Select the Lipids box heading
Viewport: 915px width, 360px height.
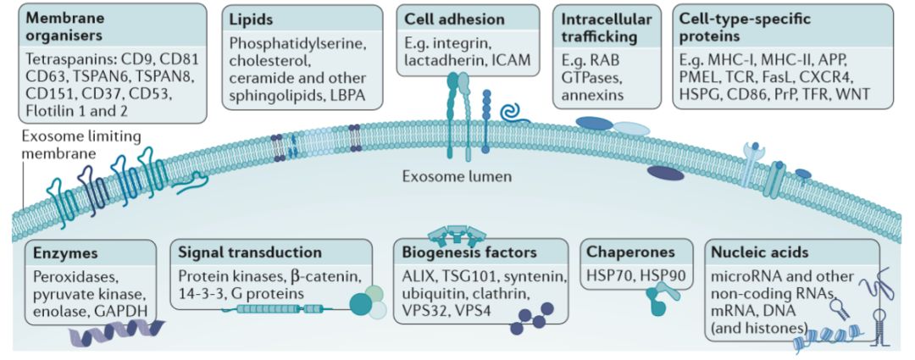point(252,19)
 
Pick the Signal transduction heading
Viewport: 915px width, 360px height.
point(250,252)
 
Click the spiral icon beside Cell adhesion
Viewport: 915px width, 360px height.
point(513,112)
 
